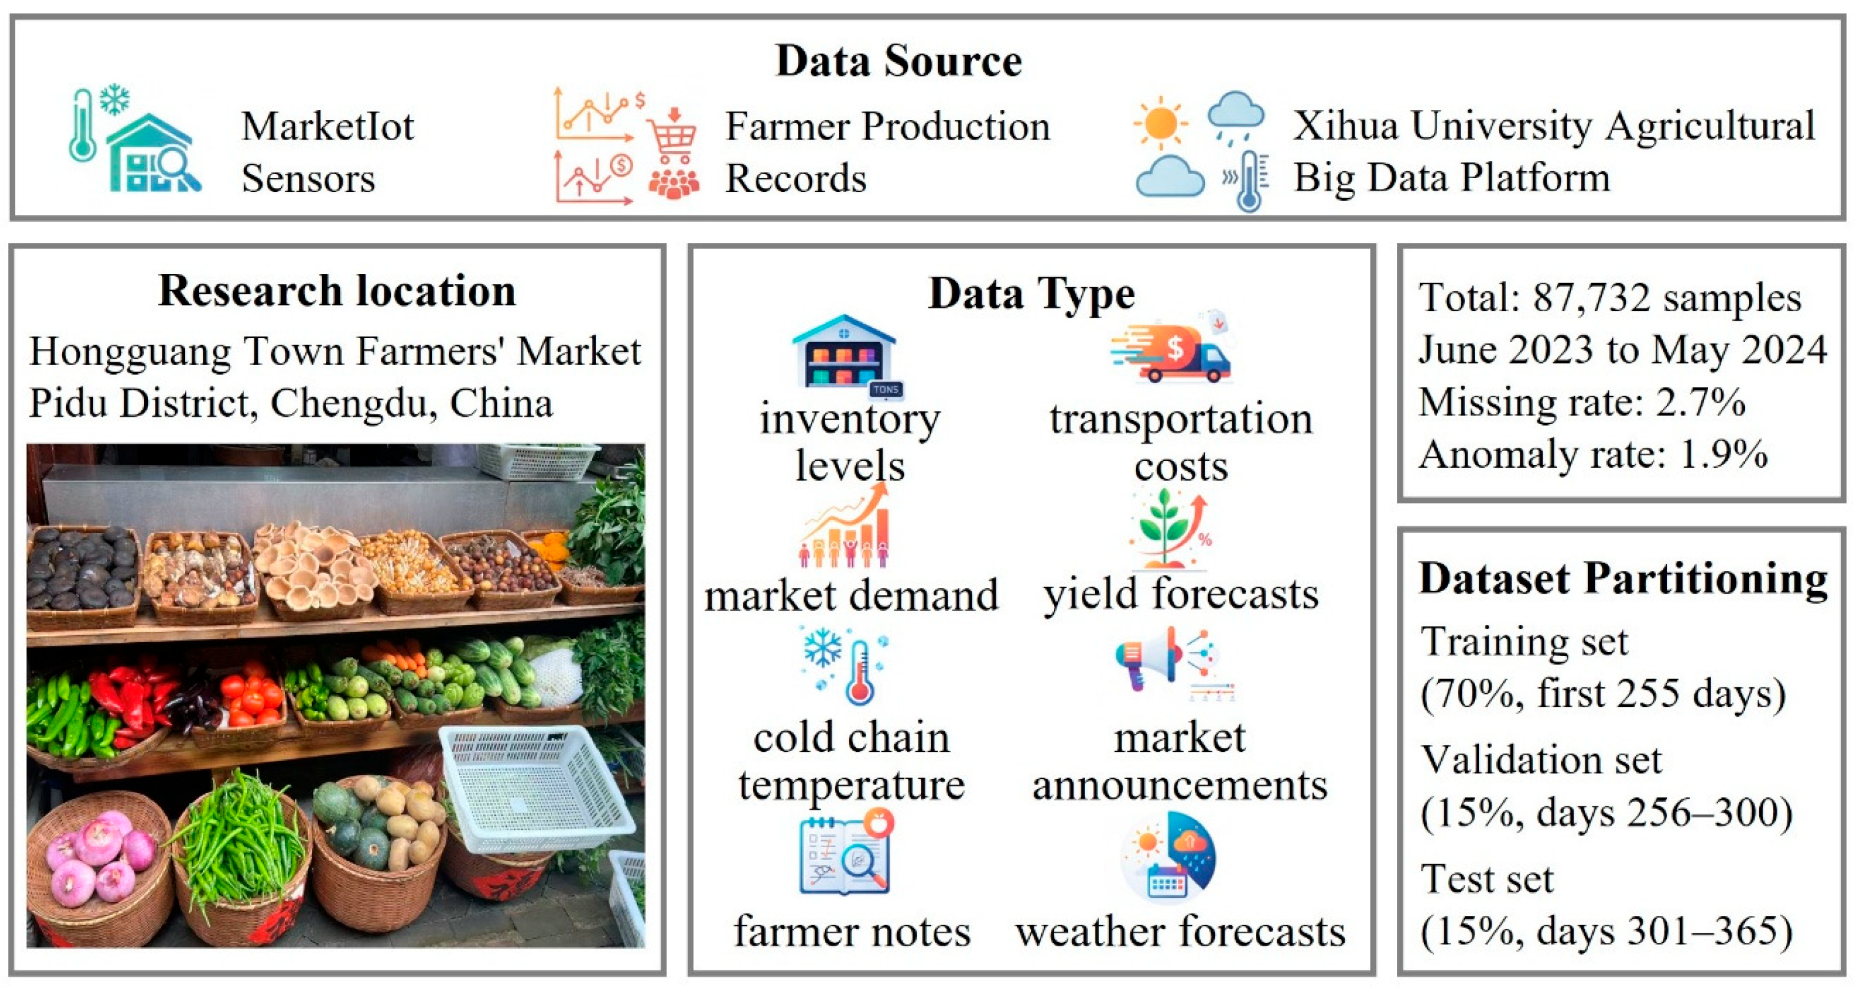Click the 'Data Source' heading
[898, 61]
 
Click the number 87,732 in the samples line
[1591, 297]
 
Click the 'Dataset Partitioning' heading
[1623, 578]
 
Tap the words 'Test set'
[1487, 879]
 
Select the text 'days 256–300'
[1664, 813]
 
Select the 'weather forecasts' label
[1179, 931]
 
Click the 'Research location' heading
[337, 291]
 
